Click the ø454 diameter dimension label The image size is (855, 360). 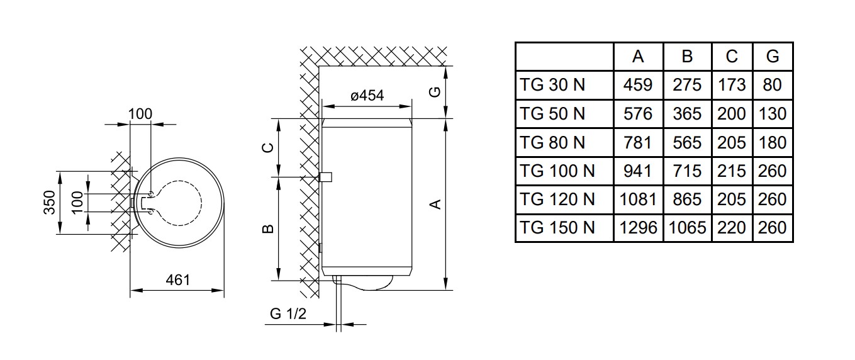coord(367,96)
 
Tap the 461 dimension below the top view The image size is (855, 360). coord(177,280)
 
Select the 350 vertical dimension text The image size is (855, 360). coord(50,202)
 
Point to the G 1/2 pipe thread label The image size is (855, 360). coord(288,314)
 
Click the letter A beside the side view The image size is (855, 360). coord(435,205)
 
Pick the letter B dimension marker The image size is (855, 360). coord(269,228)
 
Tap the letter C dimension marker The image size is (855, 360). coord(269,147)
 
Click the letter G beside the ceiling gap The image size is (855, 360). coord(435,92)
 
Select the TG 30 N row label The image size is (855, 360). coord(552,85)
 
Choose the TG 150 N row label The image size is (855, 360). coord(557,228)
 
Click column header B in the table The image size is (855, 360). coord(687,57)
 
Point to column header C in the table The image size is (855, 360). coord(732,57)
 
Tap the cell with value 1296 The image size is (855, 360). coord(638,228)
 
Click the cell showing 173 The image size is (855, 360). coord(732,85)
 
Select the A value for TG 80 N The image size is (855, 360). coord(638,143)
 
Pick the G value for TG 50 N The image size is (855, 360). coord(772,114)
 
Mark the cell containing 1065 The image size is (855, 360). coord(687,228)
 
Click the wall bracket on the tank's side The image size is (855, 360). coord(325,177)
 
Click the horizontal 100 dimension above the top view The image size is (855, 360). coord(140,114)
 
